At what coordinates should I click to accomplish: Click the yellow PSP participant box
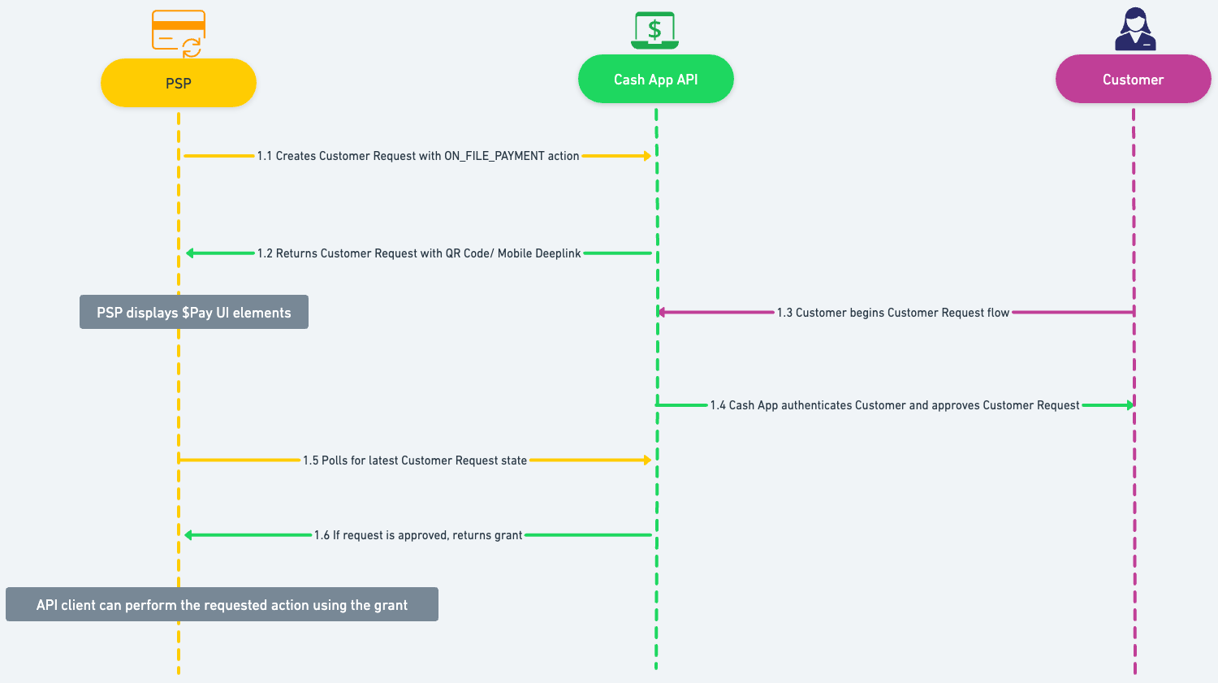click(179, 83)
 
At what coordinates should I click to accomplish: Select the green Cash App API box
click(655, 80)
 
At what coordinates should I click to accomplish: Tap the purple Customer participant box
click(1133, 80)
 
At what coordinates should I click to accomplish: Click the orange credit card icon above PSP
click(179, 32)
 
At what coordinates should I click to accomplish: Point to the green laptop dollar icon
click(654, 31)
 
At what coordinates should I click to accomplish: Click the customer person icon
click(1134, 29)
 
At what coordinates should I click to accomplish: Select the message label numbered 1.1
click(417, 156)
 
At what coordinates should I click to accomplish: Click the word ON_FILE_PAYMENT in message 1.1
click(494, 156)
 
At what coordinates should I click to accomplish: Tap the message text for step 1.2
click(419, 253)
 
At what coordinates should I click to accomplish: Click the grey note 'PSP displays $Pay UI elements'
click(194, 313)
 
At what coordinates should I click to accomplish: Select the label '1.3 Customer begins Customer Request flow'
click(892, 313)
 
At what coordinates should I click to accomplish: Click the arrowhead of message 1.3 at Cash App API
click(662, 312)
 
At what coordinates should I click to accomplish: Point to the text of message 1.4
click(894, 405)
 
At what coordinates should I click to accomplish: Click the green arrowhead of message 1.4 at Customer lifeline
click(1129, 404)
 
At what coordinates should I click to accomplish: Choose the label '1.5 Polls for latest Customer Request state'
click(414, 460)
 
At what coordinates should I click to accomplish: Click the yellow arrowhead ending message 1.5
click(647, 460)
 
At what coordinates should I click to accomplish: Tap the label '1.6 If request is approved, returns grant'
click(417, 535)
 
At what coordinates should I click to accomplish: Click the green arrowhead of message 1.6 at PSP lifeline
click(188, 535)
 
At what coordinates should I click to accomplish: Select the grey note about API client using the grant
click(222, 605)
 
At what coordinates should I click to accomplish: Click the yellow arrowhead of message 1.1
click(647, 156)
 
